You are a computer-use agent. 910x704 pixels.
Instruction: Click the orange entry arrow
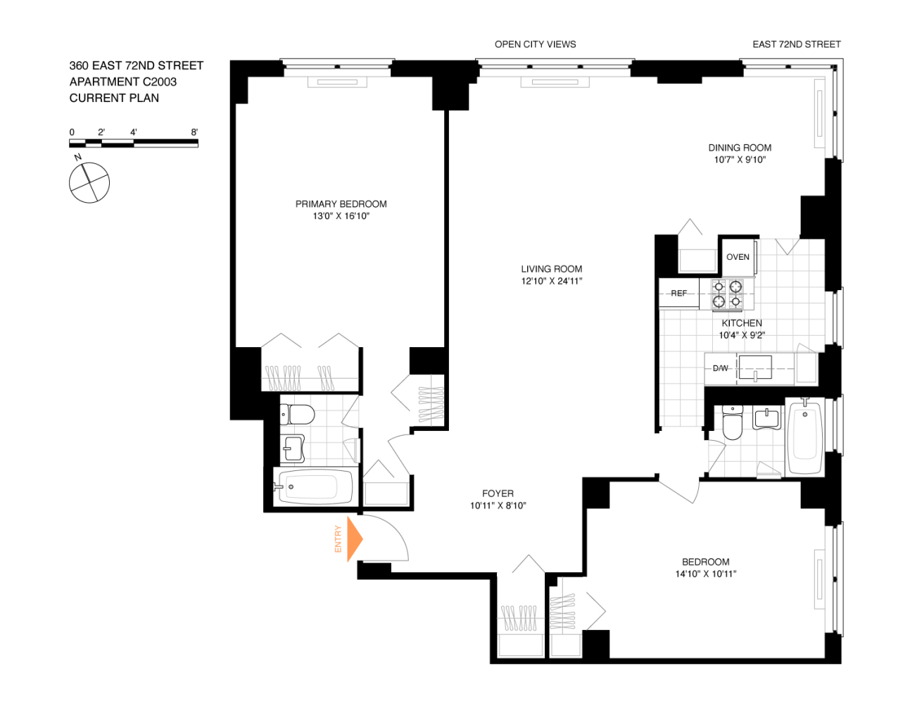pyautogui.click(x=355, y=539)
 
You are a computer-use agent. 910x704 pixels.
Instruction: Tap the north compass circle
pyautogui.click(x=89, y=183)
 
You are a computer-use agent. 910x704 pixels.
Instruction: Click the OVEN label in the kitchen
pyautogui.click(x=738, y=257)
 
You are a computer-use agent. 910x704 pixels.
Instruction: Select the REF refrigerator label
pyautogui.click(x=678, y=294)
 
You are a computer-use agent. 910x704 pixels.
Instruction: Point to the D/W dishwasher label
pyautogui.click(x=720, y=368)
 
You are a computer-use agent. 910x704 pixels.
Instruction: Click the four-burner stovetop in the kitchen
pyautogui.click(x=727, y=294)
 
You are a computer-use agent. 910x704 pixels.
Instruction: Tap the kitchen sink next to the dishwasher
pyautogui.click(x=755, y=367)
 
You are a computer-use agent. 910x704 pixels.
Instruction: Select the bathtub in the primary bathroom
pyautogui.click(x=315, y=486)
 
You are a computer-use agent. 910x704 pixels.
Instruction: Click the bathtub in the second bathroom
pyautogui.click(x=805, y=438)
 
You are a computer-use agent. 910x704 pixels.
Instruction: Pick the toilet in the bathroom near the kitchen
pyautogui.click(x=733, y=422)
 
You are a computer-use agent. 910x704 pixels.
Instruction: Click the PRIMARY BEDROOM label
pyautogui.click(x=341, y=204)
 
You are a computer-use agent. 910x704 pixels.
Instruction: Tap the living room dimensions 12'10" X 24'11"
pyautogui.click(x=551, y=281)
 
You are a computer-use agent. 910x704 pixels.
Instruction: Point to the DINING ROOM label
pyautogui.click(x=740, y=148)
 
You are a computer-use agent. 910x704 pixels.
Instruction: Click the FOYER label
pyautogui.click(x=498, y=494)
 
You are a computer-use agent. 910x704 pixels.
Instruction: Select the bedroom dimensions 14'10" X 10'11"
pyautogui.click(x=705, y=574)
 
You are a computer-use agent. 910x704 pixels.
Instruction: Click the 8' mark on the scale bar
pyautogui.click(x=194, y=132)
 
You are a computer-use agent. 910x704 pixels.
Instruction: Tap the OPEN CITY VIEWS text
pyautogui.click(x=535, y=44)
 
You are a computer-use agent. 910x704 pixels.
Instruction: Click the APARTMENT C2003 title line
pyautogui.click(x=123, y=82)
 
